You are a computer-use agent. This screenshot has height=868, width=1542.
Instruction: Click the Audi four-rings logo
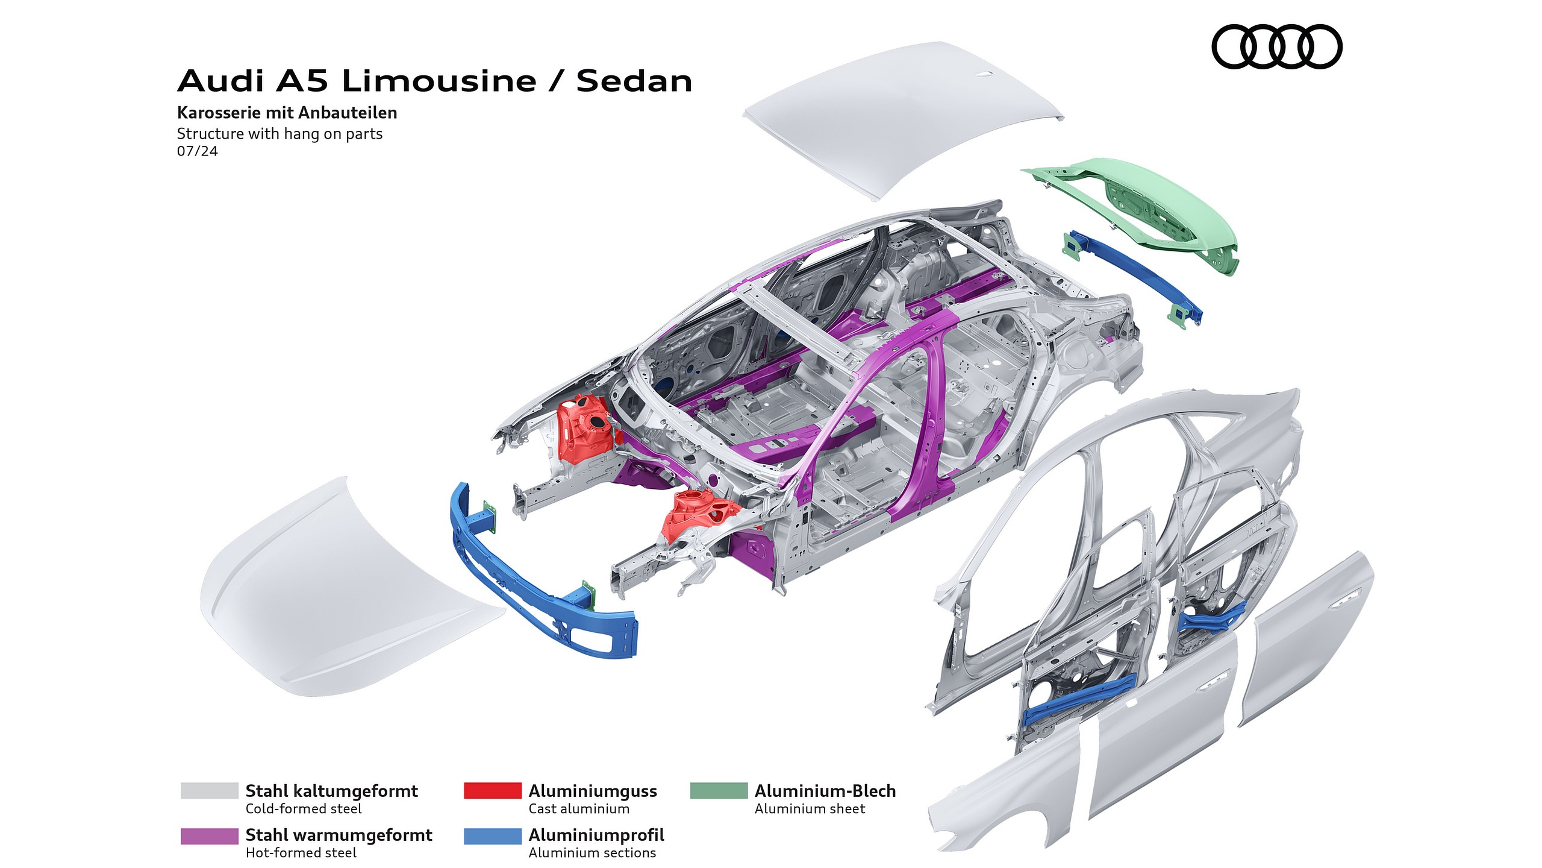pos(1276,46)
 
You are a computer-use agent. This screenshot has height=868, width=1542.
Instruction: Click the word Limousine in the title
pos(439,81)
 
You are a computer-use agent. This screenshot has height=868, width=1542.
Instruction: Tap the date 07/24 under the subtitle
pos(197,151)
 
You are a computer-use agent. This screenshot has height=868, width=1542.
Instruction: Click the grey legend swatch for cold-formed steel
pos(209,790)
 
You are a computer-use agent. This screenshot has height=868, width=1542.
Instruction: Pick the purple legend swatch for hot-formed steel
pos(209,836)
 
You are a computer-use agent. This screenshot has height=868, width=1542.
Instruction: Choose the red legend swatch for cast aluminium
pos(492,790)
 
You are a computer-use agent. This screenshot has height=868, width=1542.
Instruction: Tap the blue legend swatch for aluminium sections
pos(492,836)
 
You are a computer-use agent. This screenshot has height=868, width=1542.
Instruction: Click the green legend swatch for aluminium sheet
pos(718,790)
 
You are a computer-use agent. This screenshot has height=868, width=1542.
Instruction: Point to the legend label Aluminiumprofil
pos(596,835)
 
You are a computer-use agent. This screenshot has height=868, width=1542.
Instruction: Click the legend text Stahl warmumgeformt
pos(339,835)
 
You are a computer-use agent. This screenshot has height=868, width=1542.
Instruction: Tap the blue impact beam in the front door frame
pos(1078,699)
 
